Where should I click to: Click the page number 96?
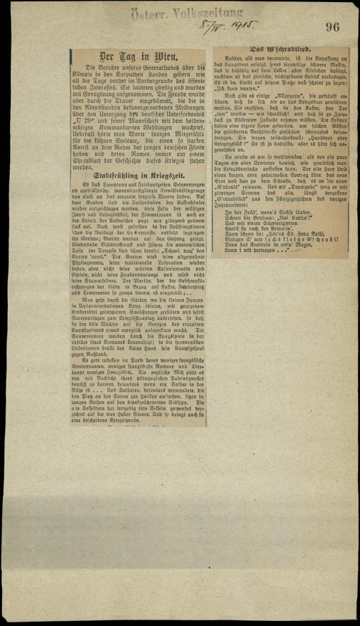(334, 27)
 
